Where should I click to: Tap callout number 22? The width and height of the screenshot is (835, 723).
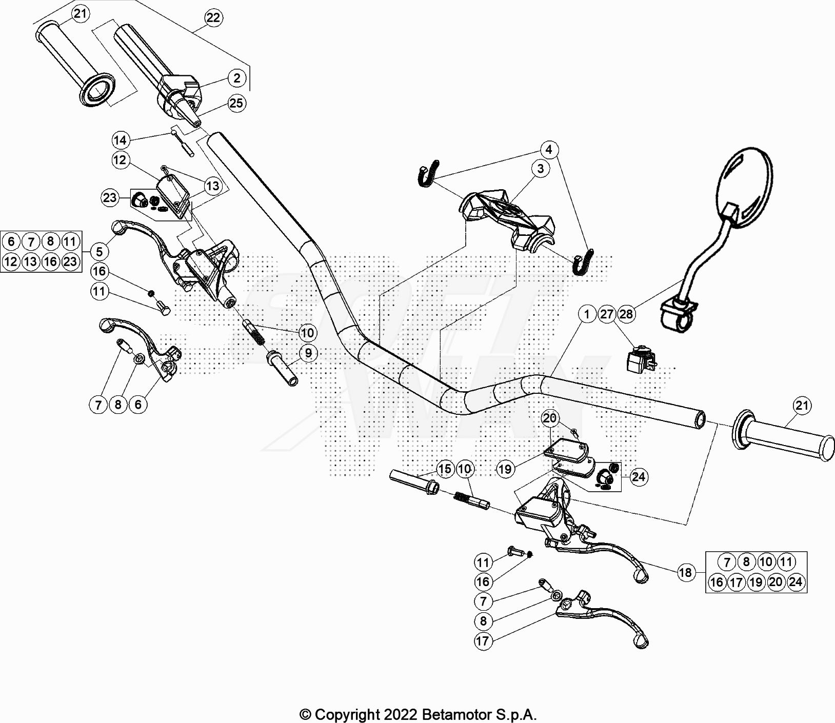click(x=213, y=18)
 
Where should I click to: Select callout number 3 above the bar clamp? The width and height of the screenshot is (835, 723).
click(x=540, y=168)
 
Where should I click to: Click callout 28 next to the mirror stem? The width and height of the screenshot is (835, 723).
click(x=626, y=314)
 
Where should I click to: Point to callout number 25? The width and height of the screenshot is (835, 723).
click(x=236, y=103)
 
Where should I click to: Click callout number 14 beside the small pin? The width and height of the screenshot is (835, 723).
click(x=120, y=140)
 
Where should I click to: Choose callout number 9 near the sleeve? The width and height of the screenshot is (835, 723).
click(x=308, y=353)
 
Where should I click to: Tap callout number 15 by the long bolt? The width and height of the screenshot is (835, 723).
click(x=445, y=469)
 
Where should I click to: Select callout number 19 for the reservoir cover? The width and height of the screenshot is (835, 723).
click(x=505, y=469)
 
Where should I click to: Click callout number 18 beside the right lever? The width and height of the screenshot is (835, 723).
click(x=685, y=572)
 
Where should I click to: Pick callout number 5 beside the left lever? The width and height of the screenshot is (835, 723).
click(x=99, y=251)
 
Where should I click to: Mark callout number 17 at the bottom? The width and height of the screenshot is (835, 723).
click(x=483, y=641)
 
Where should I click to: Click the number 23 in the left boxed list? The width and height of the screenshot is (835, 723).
click(x=70, y=262)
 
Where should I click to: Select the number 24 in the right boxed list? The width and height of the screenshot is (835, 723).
click(x=796, y=582)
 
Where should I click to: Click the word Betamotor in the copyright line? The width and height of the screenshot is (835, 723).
click(x=453, y=714)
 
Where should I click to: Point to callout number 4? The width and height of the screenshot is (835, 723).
click(x=549, y=150)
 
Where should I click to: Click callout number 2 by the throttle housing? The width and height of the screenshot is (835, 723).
click(x=236, y=78)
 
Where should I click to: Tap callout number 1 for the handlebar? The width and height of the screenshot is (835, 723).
click(x=587, y=314)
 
